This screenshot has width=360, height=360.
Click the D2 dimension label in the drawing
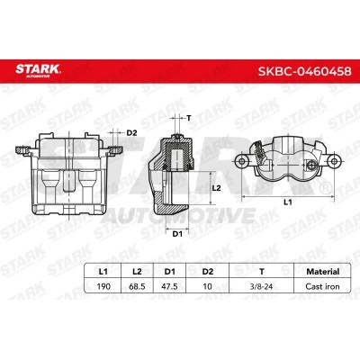[x=131, y=133]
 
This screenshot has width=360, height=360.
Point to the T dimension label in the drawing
[x=190, y=117]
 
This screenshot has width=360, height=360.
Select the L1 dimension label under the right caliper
[x=287, y=205]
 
